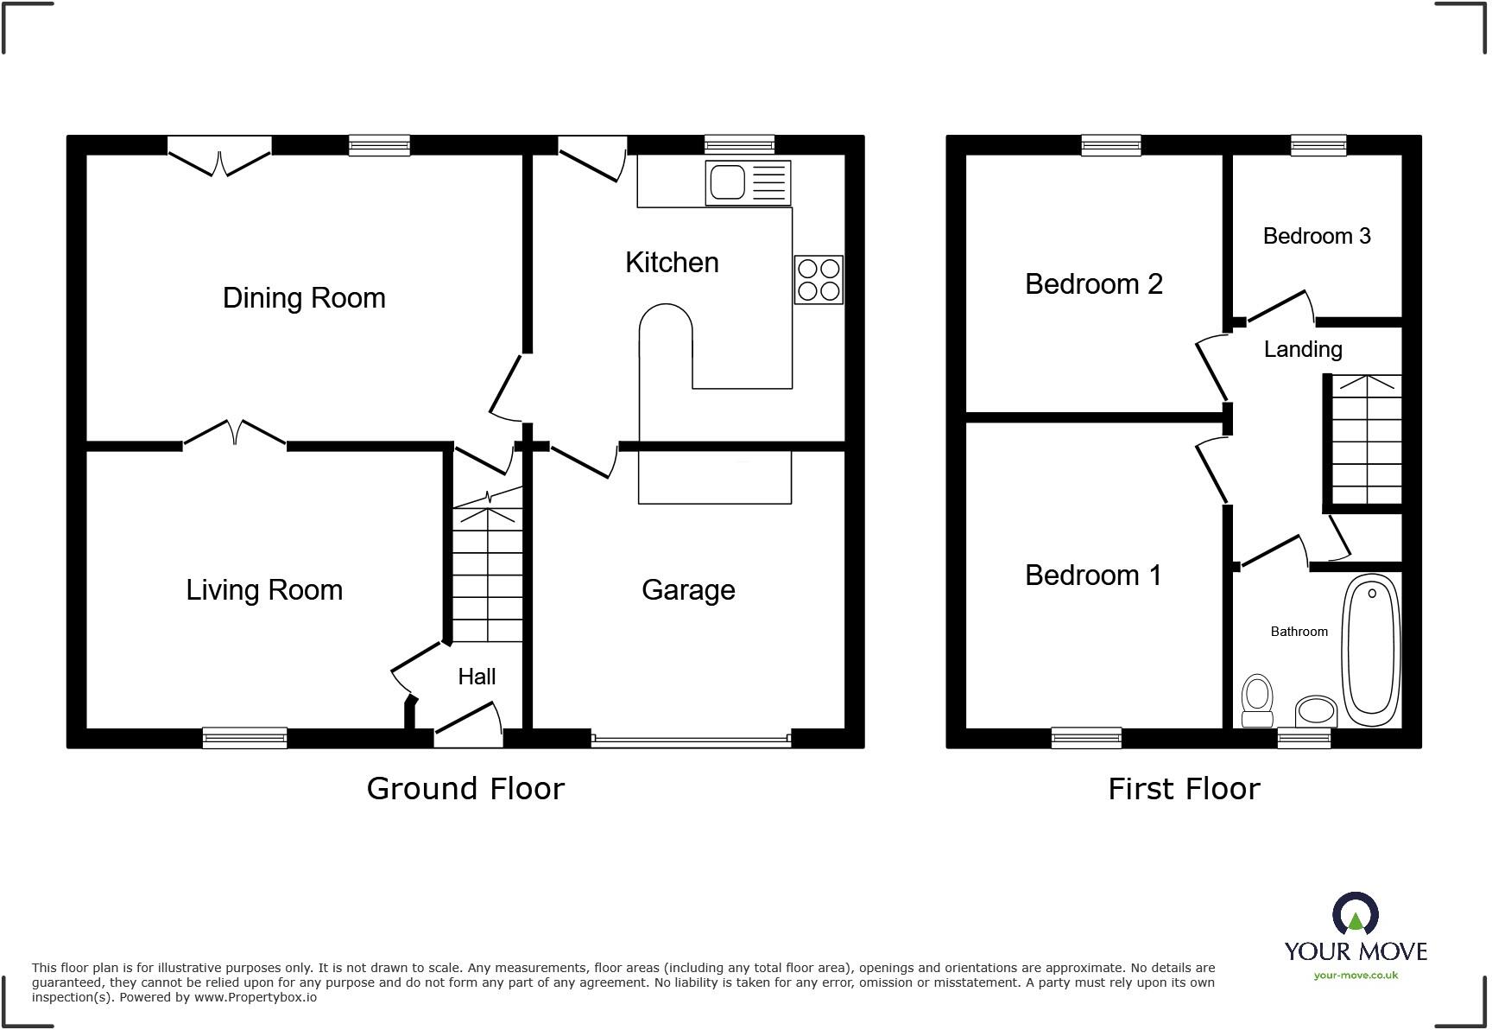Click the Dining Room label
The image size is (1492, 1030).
point(304,298)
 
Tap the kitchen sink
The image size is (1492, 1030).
point(747,183)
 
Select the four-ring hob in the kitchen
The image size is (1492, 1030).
point(819,280)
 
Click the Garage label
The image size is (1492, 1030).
point(688,590)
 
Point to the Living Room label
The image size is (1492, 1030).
point(264,590)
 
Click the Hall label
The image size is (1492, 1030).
point(477,677)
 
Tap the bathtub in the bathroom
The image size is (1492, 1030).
point(1370,650)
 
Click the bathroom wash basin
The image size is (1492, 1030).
point(1316,711)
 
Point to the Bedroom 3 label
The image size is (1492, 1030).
point(1316,236)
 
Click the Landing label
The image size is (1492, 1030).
point(1302,349)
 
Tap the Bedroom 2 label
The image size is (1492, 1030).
point(1093,284)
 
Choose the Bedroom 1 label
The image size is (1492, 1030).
point(1093,575)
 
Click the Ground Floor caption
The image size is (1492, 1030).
point(465,788)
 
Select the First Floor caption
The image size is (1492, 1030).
point(1184,788)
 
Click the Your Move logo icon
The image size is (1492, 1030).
point(1355,914)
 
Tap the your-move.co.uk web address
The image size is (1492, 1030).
point(1356,976)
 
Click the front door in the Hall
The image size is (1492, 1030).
point(468,724)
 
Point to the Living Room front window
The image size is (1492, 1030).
point(244,737)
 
